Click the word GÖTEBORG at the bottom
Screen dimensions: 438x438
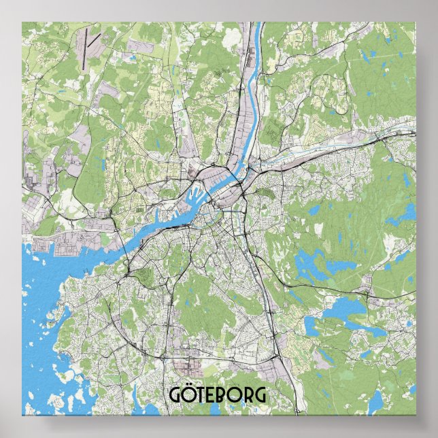pyautogui.click(x=218, y=394)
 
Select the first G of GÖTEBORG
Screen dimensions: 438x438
pyautogui.click(x=173, y=395)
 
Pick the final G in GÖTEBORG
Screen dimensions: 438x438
pyautogui.click(x=261, y=395)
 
